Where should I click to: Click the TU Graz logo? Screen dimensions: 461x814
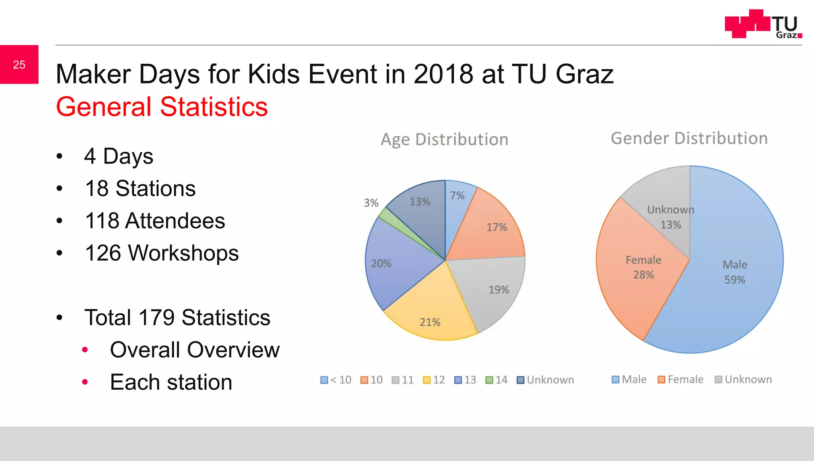763,24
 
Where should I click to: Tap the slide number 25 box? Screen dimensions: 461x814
19,64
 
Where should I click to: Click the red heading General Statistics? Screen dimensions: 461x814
162,107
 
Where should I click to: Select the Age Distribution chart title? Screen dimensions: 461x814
444,139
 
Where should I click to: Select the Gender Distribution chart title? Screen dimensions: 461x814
689,138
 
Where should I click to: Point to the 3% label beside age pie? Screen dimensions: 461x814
371,203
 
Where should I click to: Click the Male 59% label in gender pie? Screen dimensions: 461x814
735,272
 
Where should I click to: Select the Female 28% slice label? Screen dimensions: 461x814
643,267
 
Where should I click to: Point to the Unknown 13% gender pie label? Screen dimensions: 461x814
671,217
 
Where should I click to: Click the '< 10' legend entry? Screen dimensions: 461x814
336,380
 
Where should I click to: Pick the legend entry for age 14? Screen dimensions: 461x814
496,380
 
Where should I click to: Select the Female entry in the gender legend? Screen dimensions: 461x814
680,379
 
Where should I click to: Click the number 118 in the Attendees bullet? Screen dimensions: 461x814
102,221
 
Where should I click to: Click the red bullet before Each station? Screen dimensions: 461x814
85,382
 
